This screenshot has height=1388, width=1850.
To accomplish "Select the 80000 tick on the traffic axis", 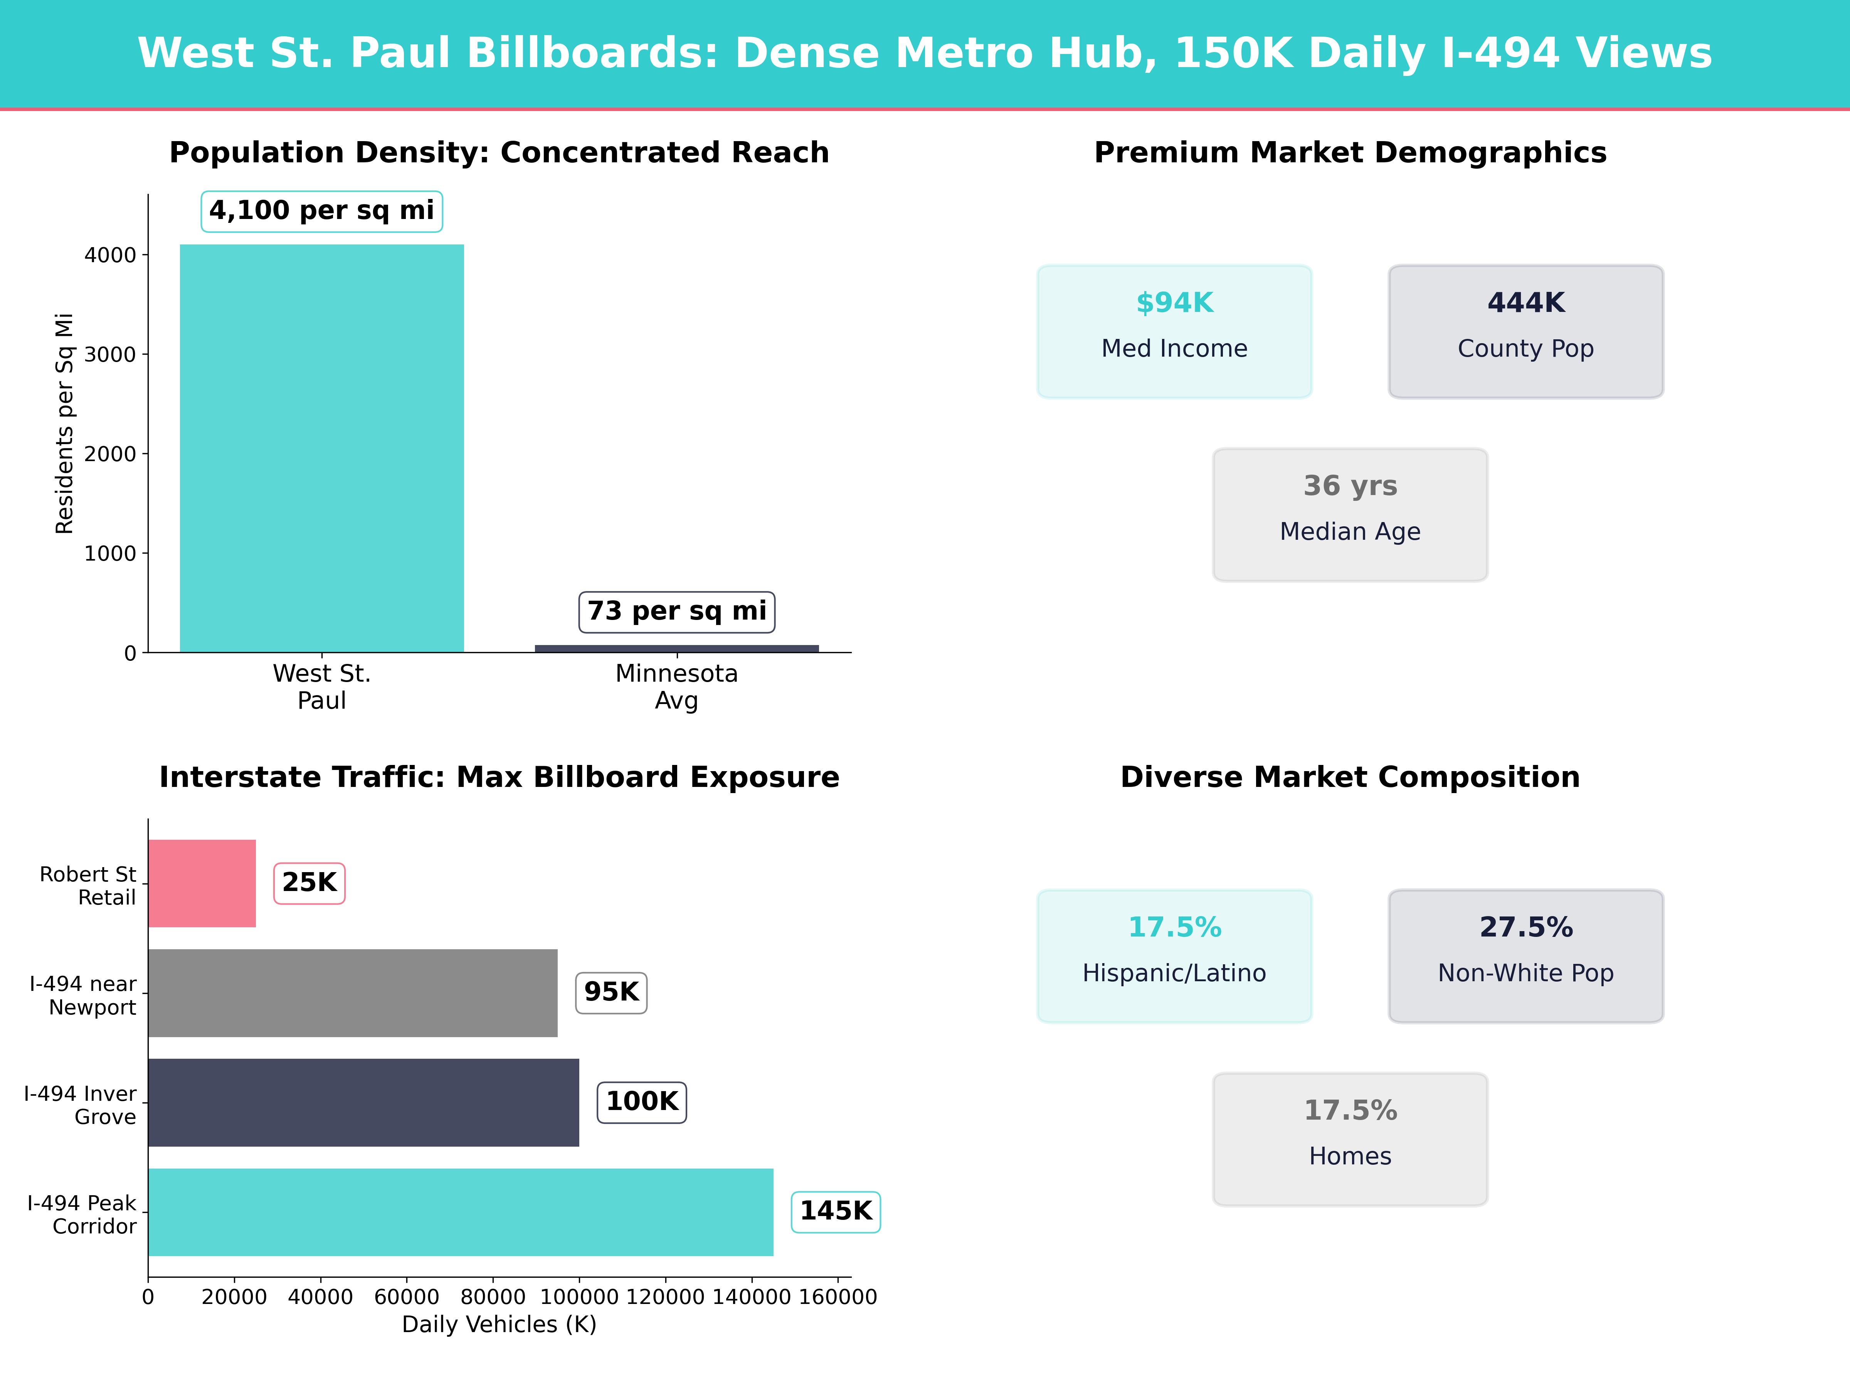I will pyautogui.click(x=493, y=1297).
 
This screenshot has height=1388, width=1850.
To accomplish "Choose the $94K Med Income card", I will pyautogui.click(x=1174, y=331).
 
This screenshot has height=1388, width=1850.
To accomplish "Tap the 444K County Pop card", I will pyautogui.click(x=1525, y=331).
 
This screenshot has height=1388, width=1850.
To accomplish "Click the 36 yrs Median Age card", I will pyautogui.click(x=1350, y=515).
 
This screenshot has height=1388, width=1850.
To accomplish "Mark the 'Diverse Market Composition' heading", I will pyautogui.click(x=1350, y=777).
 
